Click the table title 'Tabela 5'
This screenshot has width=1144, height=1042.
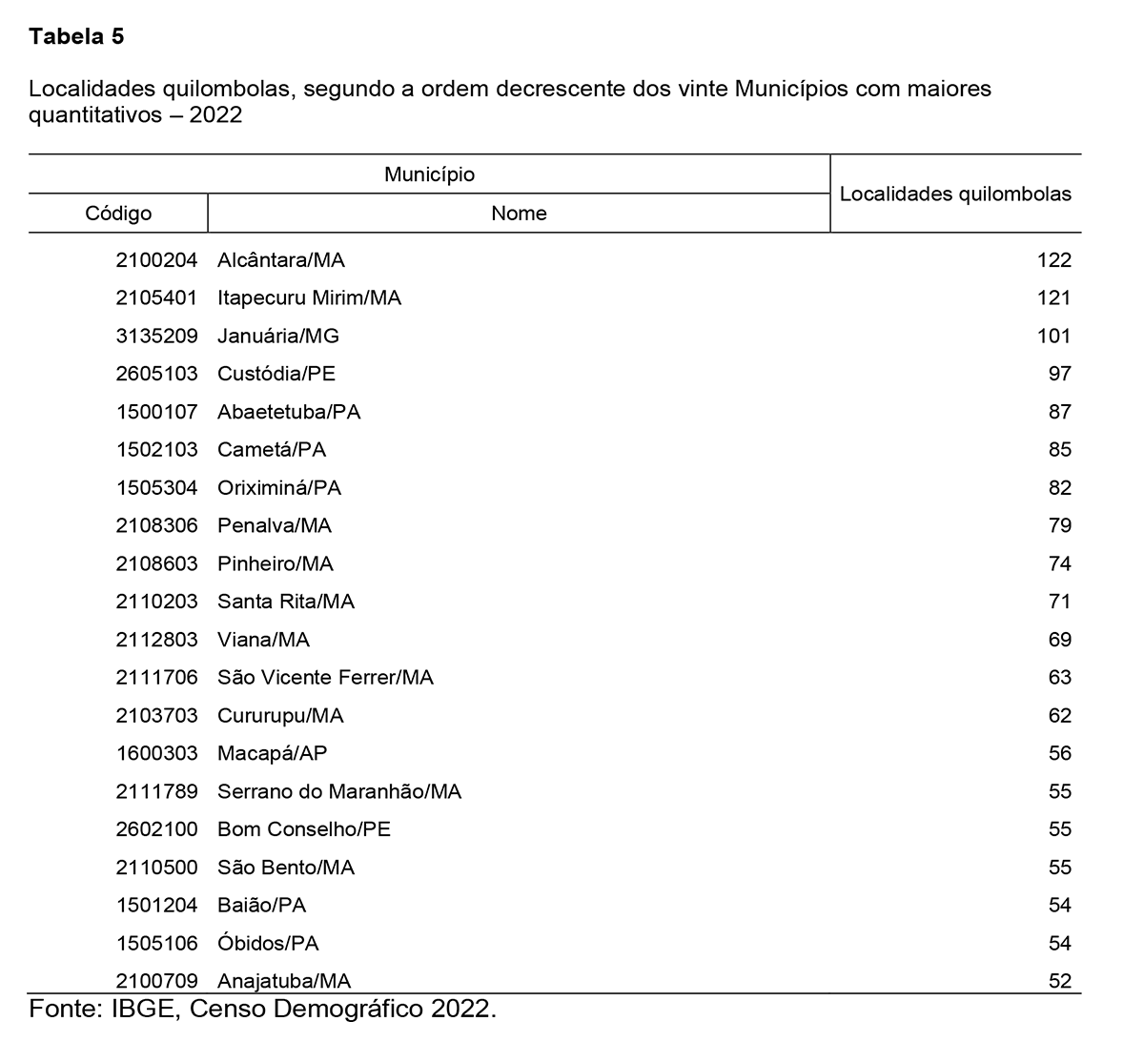pyautogui.click(x=76, y=37)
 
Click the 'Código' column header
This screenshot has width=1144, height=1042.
pyautogui.click(x=118, y=213)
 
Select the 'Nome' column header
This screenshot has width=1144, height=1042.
pyautogui.click(x=519, y=213)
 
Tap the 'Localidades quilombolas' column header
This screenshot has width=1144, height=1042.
pyautogui.click(x=955, y=194)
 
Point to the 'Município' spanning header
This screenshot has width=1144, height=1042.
pyautogui.click(x=429, y=174)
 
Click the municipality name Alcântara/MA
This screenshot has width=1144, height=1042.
pyautogui.click(x=281, y=259)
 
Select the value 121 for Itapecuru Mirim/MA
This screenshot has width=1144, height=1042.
pyautogui.click(x=1054, y=297)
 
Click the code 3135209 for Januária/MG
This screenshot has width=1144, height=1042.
pyautogui.click(x=156, y=336)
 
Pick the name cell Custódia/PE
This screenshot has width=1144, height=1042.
pyautogui.click(x=276, y=374)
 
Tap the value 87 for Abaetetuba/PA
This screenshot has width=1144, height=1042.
pyautogui.click(x=1059, y=412)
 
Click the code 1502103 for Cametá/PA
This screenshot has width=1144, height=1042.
pyautogui.click(x=156, y=449)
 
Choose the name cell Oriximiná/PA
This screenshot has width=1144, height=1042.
pyautogui.click(x=279, y=487)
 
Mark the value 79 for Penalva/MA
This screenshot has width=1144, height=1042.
pyautogui.click(x=1059, y=525)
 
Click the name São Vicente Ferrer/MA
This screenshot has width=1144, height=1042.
pyautogui.click(x=325, y=677)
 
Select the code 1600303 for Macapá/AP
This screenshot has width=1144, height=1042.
pyautogui.click(x=156, y=753)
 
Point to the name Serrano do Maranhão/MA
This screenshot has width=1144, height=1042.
pyautogui.click(x=339, y=791)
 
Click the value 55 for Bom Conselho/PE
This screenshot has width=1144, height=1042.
pyautogui.click(x=1059, y=829)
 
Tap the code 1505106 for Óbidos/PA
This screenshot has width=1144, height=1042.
pyautogui.click(x=156, y=943)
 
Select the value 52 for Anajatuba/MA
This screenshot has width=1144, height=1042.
pyautogui.click(x=1059, y=980)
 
